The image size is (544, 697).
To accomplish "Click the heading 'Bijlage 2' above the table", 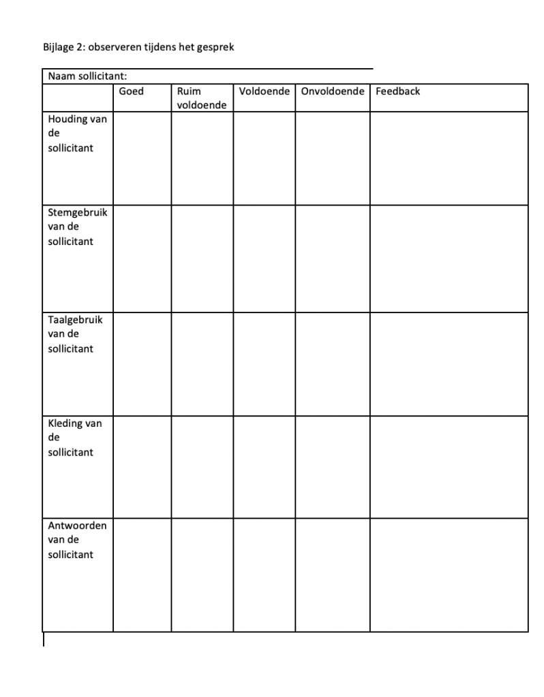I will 63,48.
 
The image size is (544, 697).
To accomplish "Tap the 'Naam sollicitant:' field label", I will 87,76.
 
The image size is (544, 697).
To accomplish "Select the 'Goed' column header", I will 132,91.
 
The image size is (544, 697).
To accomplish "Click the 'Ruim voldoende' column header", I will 201,98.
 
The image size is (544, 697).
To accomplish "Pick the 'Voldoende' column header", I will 264,91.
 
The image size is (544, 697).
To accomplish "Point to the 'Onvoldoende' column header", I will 333,91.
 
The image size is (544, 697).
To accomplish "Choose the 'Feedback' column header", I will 398,91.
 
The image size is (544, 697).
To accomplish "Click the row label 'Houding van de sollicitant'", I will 77,133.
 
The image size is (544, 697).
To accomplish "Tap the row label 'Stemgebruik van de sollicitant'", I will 77,227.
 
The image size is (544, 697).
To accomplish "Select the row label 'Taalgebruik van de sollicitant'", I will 75,334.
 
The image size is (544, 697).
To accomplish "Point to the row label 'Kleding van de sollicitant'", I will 74,438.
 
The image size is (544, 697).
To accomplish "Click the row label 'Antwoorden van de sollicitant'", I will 77,540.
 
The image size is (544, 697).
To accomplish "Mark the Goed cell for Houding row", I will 142,158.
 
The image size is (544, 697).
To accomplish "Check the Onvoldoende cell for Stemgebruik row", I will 333,259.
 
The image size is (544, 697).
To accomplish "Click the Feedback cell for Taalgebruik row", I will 449,364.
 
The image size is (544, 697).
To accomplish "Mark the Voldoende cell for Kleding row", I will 264,467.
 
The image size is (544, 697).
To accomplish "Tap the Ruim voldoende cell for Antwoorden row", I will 202,575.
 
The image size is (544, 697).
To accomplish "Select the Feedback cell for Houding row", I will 449,158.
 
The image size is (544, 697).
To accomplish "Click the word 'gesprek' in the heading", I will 217,48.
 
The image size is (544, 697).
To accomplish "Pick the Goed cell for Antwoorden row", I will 142,575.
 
